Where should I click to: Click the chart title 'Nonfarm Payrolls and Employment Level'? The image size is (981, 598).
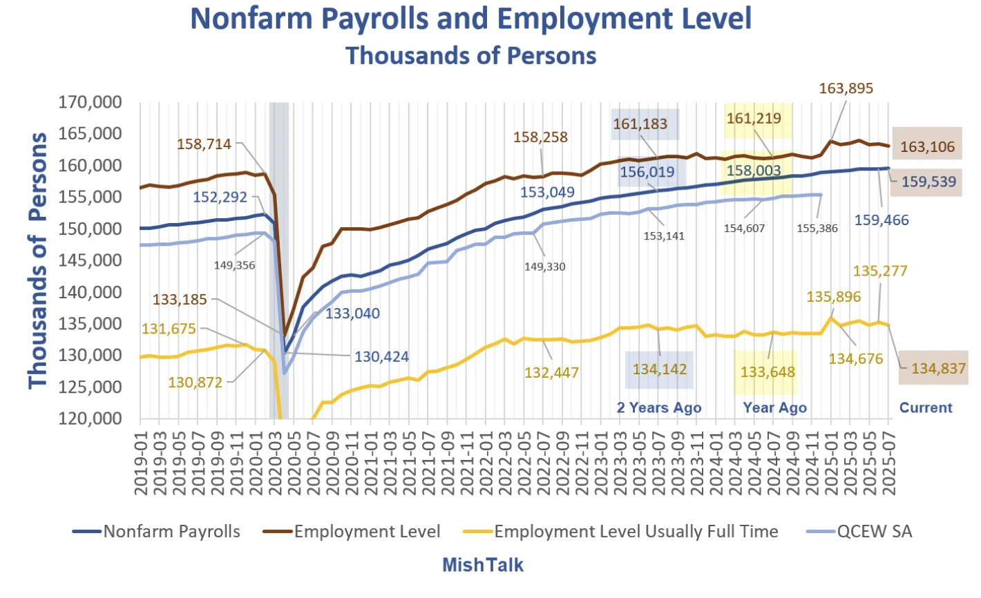470,19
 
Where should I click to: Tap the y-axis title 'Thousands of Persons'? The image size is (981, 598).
39,260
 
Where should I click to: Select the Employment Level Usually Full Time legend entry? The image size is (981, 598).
636,532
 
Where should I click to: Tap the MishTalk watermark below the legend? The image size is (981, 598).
483,565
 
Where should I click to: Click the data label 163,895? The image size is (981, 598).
846,88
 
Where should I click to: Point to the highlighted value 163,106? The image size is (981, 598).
927,146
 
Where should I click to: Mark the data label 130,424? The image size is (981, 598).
381,357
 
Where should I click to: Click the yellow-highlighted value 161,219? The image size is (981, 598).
753,118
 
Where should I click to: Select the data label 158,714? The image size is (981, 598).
204,144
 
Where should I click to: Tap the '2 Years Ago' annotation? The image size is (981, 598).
658,407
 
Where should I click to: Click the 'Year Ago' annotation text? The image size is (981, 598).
774,407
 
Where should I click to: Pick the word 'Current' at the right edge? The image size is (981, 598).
926,407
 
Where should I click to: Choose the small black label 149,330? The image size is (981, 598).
544,267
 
